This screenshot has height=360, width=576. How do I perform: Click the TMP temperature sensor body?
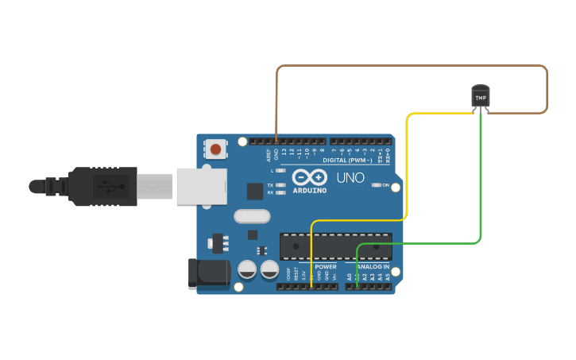coord(481,97)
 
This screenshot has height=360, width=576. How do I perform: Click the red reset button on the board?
coord(215,149)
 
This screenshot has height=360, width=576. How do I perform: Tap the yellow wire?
coord(408,167)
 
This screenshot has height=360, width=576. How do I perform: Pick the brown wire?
coord(413,66)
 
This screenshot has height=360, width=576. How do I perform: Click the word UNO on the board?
coord(350,177)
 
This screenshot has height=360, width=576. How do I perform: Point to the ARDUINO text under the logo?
coord(309,191)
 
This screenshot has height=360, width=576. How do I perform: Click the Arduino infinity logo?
coord(309,177)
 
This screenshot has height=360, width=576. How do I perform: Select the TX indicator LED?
coord(280,184)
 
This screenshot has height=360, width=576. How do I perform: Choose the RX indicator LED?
coord(280,192)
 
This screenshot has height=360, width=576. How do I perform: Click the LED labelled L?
coord(280,171)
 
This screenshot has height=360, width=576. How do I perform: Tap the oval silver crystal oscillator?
coord(253,215)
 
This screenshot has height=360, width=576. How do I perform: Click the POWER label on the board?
coord(326,267)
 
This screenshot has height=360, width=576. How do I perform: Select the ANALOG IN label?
coord(372,267)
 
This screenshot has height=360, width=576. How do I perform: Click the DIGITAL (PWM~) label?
coord(347,160)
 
